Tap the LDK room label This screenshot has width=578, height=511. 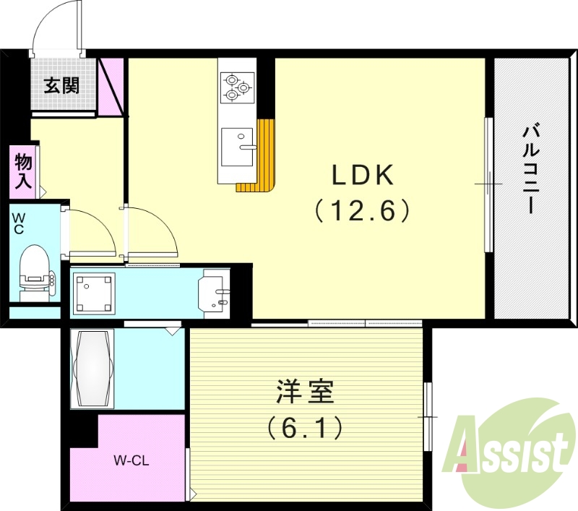coord(362,175)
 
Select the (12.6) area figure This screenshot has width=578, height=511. coord(362,210)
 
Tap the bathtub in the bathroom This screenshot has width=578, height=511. coord(92,369)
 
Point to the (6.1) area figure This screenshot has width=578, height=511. coord(303,429)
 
